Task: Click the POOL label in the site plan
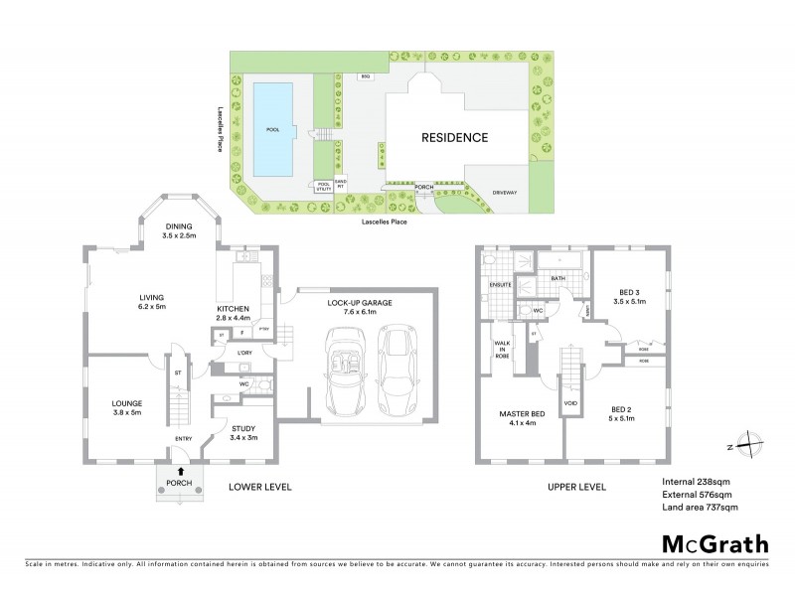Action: pyautogui.click(x=272, y=130)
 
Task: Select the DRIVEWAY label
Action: pyautogui.click(x=505, y=192)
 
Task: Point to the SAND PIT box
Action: pyautogui.click(x=340, y=185)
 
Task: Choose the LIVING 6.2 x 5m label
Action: pyautogui.click(x=151, y=302)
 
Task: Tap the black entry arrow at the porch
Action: pyautogui.click(x=181, y=471)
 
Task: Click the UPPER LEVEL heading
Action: pyautogui.click(x=577, y=488)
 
